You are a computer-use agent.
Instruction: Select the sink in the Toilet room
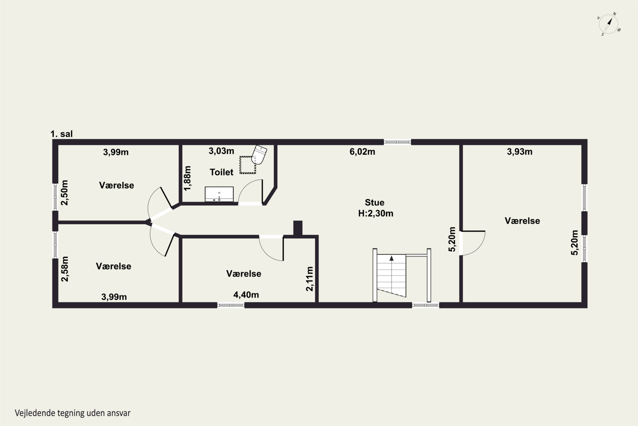219,194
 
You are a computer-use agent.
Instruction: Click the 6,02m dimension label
362,152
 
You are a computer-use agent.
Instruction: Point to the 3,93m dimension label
520,152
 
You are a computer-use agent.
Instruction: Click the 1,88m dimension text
187,178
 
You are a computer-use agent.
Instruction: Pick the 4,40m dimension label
246,295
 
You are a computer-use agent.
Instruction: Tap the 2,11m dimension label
309,279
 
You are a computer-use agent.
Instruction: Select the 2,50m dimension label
64,193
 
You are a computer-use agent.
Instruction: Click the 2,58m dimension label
65,269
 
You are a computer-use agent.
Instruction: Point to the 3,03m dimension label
221,151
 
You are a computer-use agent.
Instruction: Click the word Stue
374,202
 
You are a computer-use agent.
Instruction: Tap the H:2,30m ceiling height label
376,214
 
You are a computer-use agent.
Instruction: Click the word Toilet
221,172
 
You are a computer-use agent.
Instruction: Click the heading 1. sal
62,134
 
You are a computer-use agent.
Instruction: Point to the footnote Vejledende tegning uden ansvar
73,413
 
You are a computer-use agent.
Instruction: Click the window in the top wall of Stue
397,142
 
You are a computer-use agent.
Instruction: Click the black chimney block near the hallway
298,228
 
